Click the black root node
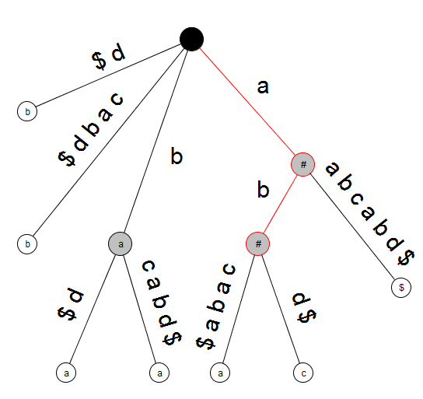click(x=191, y=39)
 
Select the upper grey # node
click(x=302, y=164)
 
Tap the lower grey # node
click(x=258, y=243)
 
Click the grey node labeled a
click(x=121, y=243)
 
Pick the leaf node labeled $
click(x=401, y=287)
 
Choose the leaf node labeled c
click(x=303, y=373)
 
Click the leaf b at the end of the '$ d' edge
click(x=27, y=111)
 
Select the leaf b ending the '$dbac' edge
click(x=27, y=243)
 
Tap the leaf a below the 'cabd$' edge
click(x=159, y=373)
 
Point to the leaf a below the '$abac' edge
click(x=220, y=373)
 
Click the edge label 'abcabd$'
click(x=370, y=213)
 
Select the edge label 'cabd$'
click(x=162, y=303)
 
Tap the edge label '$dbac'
click(x=91, y=129)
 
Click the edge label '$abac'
click(x=216, y=306)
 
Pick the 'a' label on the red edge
click(x=263, y=87)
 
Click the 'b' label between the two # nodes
click(x=263, y=189)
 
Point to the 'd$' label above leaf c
click(x=304, y=308)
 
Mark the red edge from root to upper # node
click(x=247, y=102)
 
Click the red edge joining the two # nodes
click(x=280, y=205)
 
